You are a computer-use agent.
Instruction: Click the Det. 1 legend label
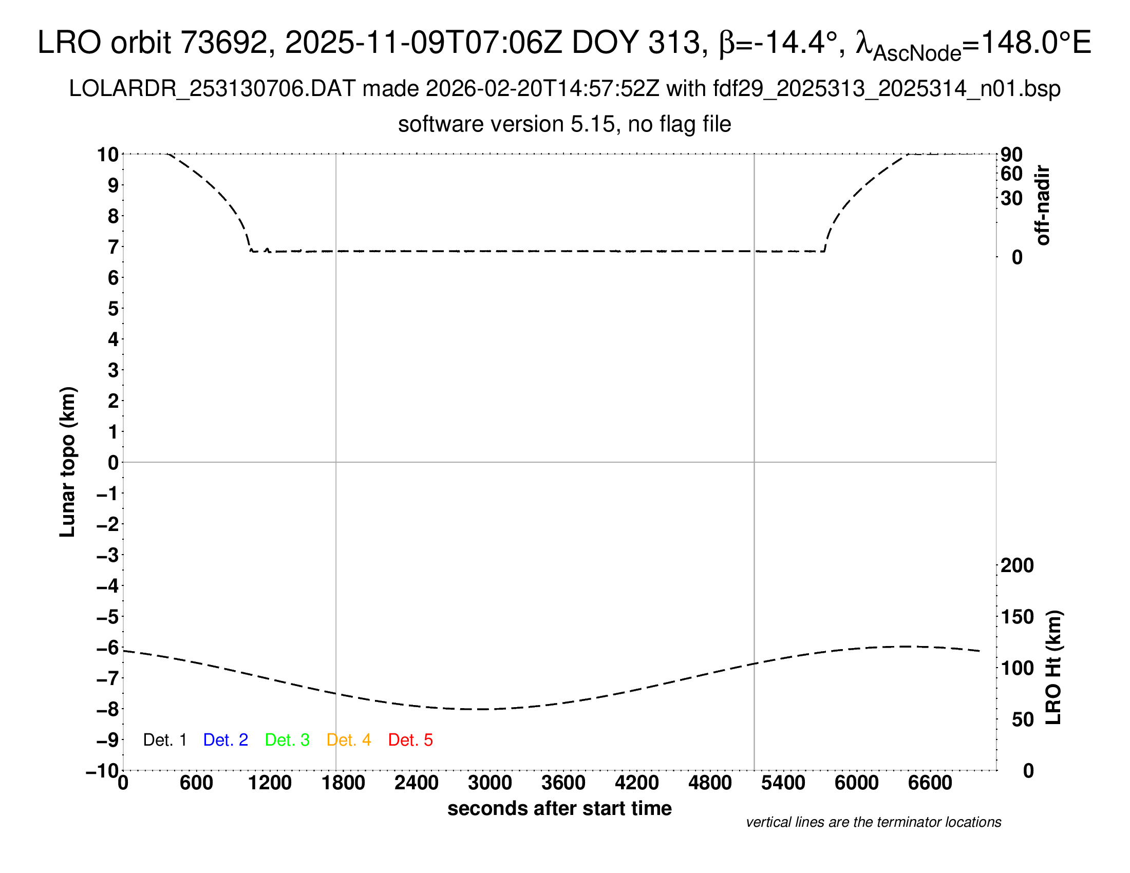click(164, 740)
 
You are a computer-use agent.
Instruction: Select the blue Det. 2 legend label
click(225, 740)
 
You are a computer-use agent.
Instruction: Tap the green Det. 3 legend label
click(287, 740)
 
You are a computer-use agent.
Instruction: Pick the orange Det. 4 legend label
click(349, 740)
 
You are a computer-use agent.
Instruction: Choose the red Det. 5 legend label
click(410, 740)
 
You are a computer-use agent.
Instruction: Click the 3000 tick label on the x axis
click(489, 783)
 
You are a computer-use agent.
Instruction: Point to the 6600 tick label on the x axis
click(930, 783)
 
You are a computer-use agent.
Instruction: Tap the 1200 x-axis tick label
click(270, 783)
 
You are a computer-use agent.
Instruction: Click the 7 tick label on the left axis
click(114, 247)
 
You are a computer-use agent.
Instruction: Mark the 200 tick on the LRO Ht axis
click(1017, 565)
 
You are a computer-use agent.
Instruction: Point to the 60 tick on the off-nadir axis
click(1011, 174)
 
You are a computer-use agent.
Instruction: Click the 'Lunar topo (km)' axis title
click(68, 462)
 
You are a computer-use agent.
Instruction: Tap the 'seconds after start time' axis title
click(559, 808)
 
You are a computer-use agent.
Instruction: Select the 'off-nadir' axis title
click(1043, 205)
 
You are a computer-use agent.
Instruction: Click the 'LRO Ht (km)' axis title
click(1053, 668)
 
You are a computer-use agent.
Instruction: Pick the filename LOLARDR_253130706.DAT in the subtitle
click(212, 89)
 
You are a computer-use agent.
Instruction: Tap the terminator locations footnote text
click(873, 822)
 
